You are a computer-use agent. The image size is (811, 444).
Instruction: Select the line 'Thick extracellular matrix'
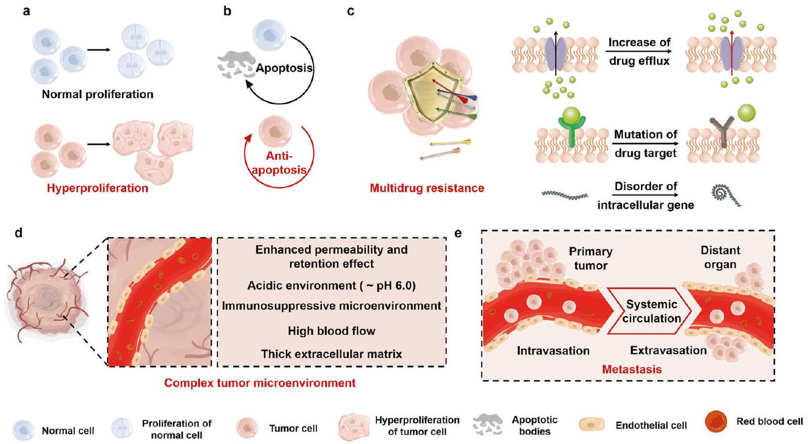coord(331,354)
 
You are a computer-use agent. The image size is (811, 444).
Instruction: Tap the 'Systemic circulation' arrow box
coord(654,311)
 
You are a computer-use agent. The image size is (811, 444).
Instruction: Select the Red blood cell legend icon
coord(716,425)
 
